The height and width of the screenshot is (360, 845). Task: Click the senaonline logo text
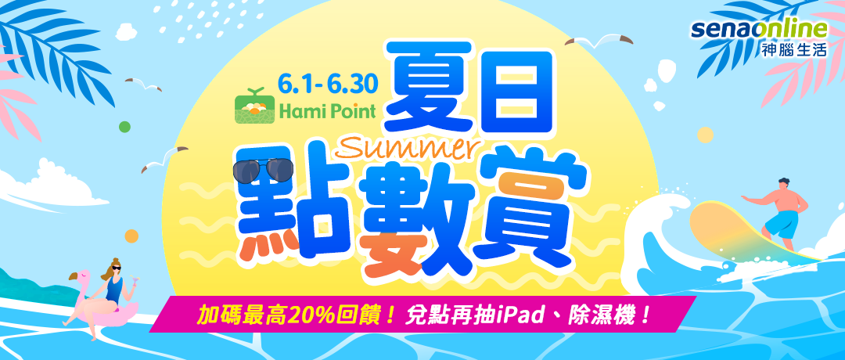(759, 31)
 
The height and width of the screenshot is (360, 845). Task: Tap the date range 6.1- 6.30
(328, 81)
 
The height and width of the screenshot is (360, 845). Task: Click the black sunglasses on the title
(262, 171)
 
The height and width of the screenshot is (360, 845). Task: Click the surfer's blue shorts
(781, 224)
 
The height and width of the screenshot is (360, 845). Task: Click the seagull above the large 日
(599, 41)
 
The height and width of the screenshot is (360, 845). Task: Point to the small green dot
(124, 128)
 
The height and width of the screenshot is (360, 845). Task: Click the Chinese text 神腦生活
(794, 51)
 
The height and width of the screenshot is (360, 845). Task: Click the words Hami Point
(327, 112)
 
